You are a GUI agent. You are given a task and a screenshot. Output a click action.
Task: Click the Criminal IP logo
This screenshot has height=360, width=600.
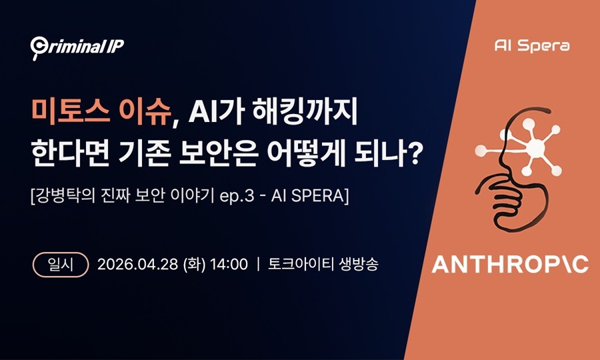pos(77,46)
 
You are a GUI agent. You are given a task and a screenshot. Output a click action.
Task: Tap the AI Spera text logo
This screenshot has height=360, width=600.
pos(532,46)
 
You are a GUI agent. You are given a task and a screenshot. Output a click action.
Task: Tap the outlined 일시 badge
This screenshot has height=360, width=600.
pos(61,264)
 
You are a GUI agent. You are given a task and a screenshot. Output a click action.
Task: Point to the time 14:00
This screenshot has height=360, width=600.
pos(229,264)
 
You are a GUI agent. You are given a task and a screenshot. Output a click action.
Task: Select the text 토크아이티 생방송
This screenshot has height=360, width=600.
pos(323,264)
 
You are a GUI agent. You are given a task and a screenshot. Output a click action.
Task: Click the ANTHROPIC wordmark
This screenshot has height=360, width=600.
pos(510,265)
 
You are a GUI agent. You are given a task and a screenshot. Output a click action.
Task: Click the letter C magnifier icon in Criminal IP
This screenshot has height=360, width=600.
pos(38,47)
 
